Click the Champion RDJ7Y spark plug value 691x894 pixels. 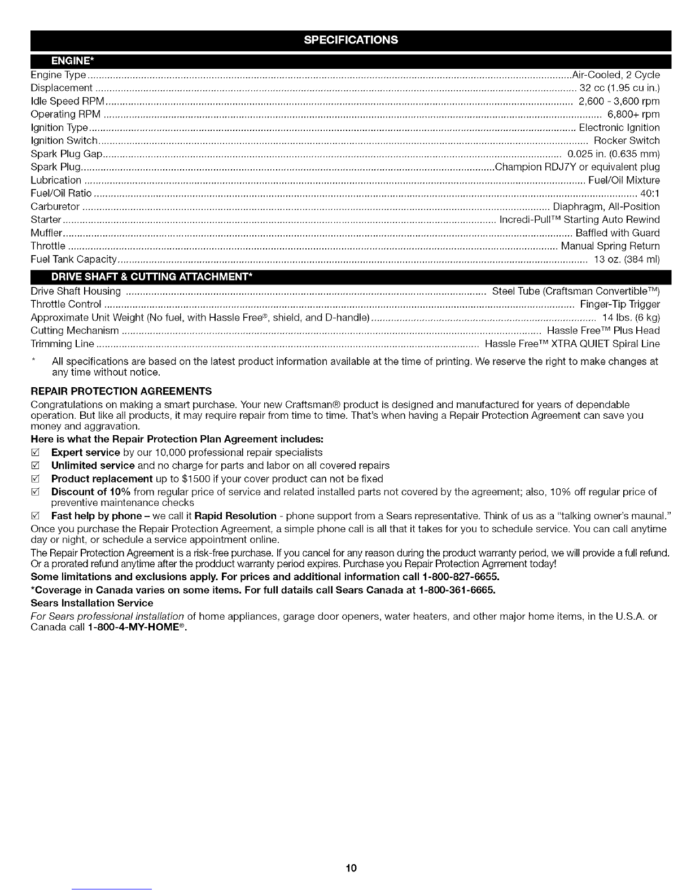coord(577,167)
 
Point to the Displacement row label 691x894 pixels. coord(62,88)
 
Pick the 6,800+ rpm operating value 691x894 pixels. coord(633,115)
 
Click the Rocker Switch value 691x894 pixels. coord(627,141)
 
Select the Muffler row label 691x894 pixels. coord(46,233)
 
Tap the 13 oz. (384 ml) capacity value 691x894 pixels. coord(627,260)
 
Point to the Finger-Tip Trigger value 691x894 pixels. coord(620,305)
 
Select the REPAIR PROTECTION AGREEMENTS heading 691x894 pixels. coord(121,391)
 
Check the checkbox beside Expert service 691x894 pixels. coord(36,453)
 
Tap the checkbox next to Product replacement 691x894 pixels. coord(36,479)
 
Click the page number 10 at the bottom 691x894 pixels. coord(351,867)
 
